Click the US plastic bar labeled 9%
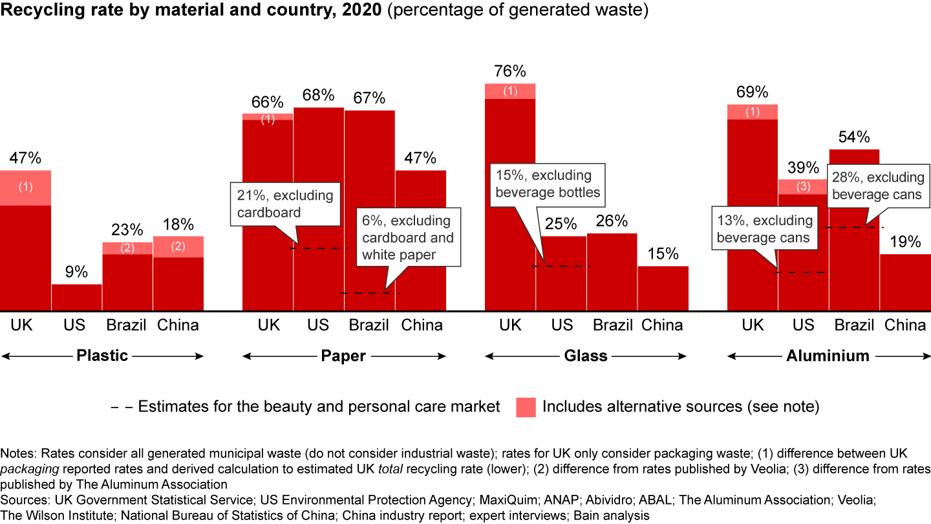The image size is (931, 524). (76, 297)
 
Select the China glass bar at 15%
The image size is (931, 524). (663, 288)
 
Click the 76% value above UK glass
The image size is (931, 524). (510, 71)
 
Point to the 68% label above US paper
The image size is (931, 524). (318, 96)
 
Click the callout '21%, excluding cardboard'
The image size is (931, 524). (285, 204)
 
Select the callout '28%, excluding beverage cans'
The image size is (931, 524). (877, 186)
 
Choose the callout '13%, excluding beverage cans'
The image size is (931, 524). (763, 229)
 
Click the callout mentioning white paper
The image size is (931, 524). (408, 237)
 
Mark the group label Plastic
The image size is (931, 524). (102, 355)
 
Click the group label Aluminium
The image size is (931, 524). (828, 355)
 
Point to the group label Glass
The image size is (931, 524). (586, 355)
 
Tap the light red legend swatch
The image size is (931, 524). (526, 407)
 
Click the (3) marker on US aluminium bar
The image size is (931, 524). (803, 187)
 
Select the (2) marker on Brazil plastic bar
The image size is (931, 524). (127, 248)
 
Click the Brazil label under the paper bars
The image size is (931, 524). (369, 325)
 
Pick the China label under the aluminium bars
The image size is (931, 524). (905, 325)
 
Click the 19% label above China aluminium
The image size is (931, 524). (905, 242)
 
